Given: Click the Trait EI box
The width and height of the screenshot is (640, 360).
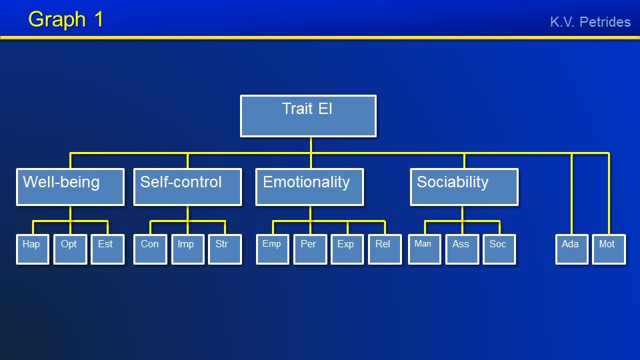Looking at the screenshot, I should click(308, 116).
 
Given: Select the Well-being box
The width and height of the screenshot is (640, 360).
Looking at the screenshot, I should click(70, 187).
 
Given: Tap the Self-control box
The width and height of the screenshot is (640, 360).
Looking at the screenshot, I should click(187, 187).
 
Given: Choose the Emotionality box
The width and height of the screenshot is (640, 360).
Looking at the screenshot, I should click(310, 187).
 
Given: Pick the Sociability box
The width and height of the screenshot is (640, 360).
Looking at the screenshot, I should click(463, 187).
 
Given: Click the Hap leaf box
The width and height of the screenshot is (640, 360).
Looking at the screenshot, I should click(32, 249).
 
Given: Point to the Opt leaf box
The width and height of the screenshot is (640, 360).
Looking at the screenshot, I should click(70, 249).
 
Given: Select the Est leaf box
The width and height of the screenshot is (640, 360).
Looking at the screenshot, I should click(107, 249).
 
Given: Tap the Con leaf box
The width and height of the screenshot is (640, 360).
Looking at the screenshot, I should click(150, 249).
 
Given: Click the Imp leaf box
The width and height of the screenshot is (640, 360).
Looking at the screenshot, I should click(187, 249).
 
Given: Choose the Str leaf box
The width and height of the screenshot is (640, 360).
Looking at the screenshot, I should click(225, 249).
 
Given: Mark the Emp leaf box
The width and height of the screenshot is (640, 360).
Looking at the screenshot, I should click(272, 249).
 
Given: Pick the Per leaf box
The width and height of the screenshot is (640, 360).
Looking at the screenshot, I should click(310, 249).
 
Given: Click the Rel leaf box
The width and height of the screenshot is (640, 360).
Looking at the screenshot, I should click(385, 249).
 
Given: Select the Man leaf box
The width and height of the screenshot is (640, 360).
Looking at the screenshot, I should click(424, 249).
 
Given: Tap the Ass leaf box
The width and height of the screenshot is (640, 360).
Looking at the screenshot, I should click(462, 249).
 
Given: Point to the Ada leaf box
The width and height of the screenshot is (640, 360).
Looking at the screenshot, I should click(571, 249).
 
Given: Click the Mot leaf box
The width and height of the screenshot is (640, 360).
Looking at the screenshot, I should click(609, 249).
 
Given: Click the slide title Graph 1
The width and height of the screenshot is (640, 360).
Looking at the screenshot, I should click(66, 19).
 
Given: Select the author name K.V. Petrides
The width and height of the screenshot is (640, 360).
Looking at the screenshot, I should click(590, 22).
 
